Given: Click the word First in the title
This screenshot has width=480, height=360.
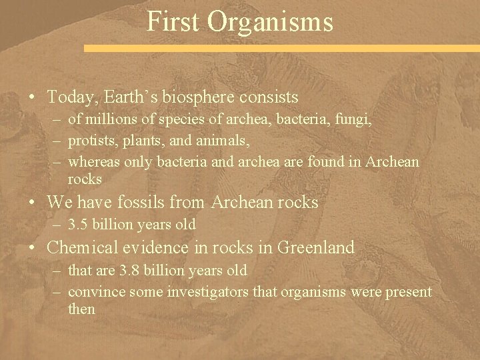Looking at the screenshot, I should pos(173,21).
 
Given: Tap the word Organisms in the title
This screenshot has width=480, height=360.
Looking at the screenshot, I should pos(270,21).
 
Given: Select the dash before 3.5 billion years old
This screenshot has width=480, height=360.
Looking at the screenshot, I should pos(58,223).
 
